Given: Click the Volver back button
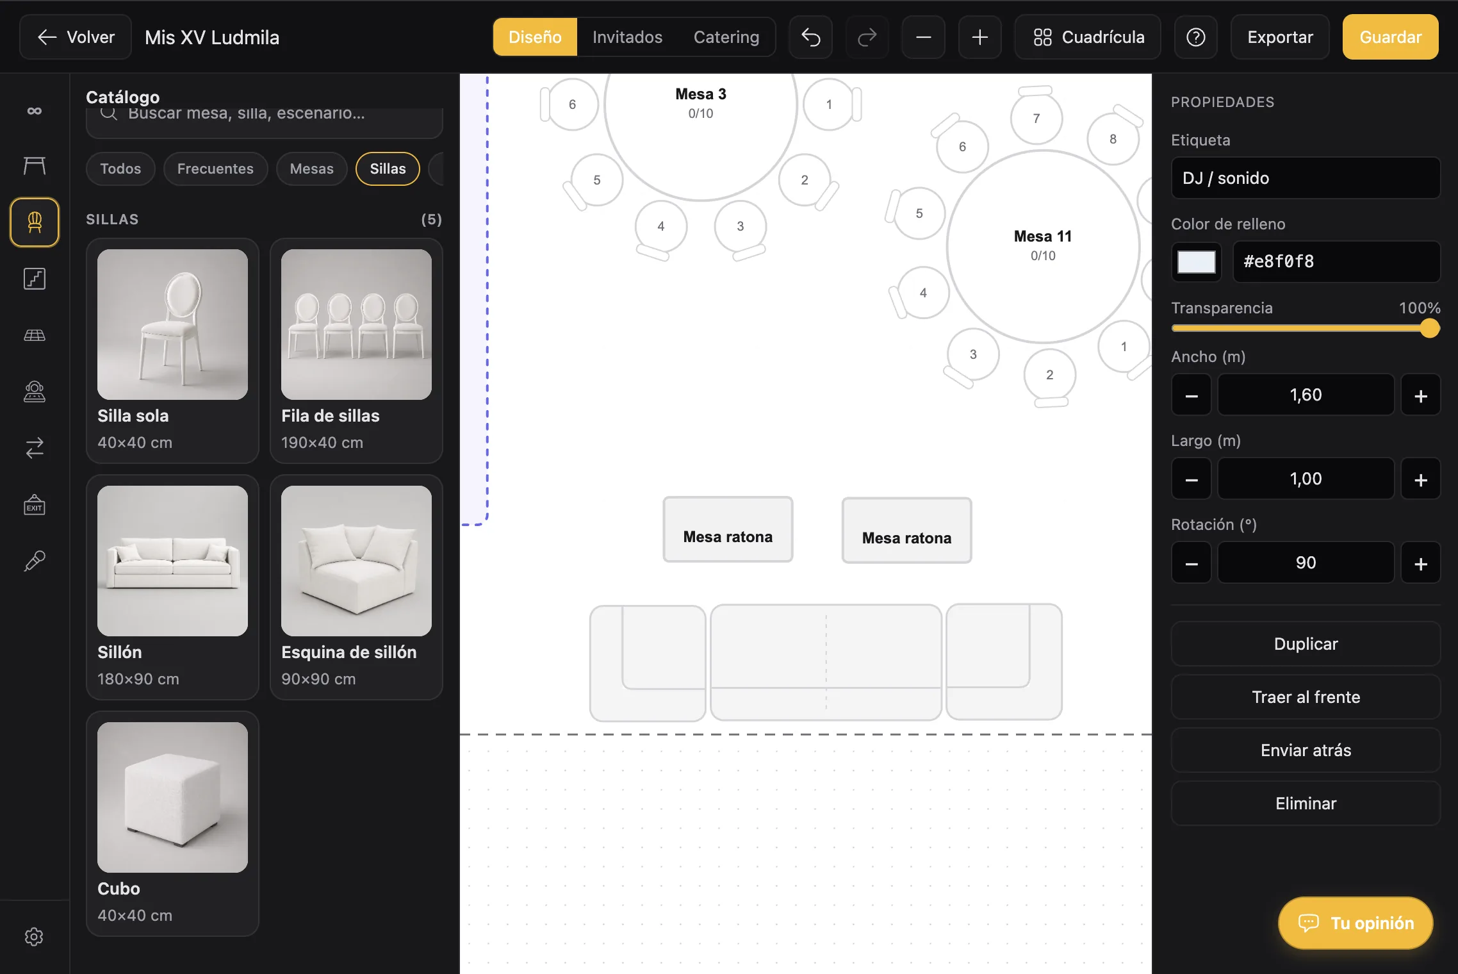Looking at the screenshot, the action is tap(76, 37).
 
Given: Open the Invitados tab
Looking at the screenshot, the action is tap(627, 37).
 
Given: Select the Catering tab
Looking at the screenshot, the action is tap(726, 37).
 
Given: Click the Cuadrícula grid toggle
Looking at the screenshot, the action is tap(1088, 37).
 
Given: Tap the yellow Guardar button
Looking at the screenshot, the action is tap(1391, 37).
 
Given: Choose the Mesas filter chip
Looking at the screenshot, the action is tap(311, 169).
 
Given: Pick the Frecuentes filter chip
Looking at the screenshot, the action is tap(215, 169).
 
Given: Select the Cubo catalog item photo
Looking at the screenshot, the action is tap(172, 797).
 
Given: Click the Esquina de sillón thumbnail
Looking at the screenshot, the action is tap(356, 561).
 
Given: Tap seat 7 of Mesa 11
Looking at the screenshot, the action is tap(1036, 118).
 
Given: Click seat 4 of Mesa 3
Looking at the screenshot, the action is tap(660, 226).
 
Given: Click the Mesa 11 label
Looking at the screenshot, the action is tap(1042, 236).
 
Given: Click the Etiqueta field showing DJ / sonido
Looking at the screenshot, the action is tap(1306, 178).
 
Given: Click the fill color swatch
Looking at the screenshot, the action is tap(1196, 261).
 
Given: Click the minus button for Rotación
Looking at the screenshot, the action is tap(1192, 563).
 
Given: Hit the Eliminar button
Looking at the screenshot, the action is tap(1306, 804).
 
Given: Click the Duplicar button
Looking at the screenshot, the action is tap(1306, 644).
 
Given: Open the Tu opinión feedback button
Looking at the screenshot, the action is tap(1356, 923).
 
